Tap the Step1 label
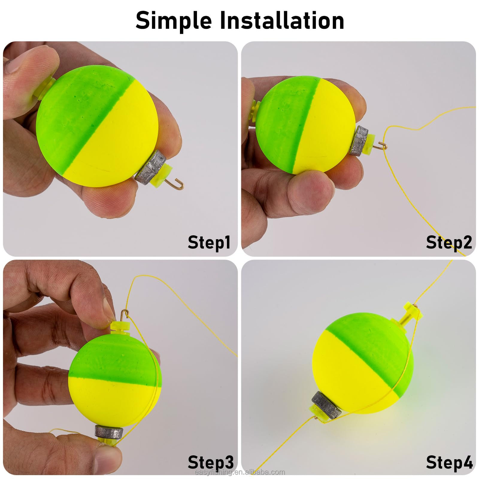click(209, 242)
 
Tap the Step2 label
click(449, 242)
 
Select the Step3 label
click(210, 462)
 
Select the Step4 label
click(449, 462)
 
